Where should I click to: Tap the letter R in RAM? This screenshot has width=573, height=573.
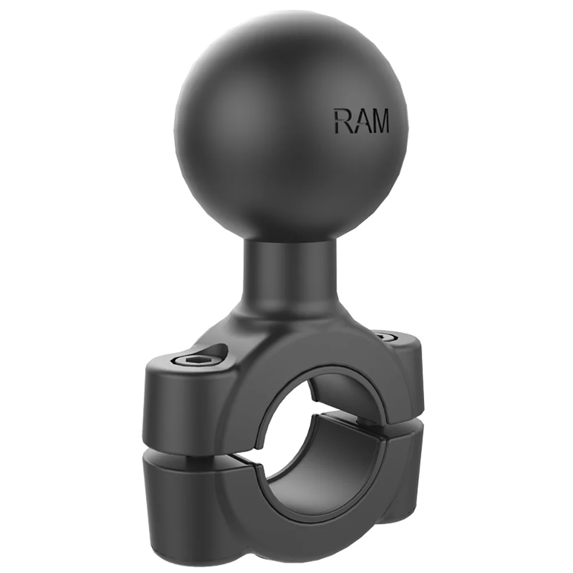point(342,121)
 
